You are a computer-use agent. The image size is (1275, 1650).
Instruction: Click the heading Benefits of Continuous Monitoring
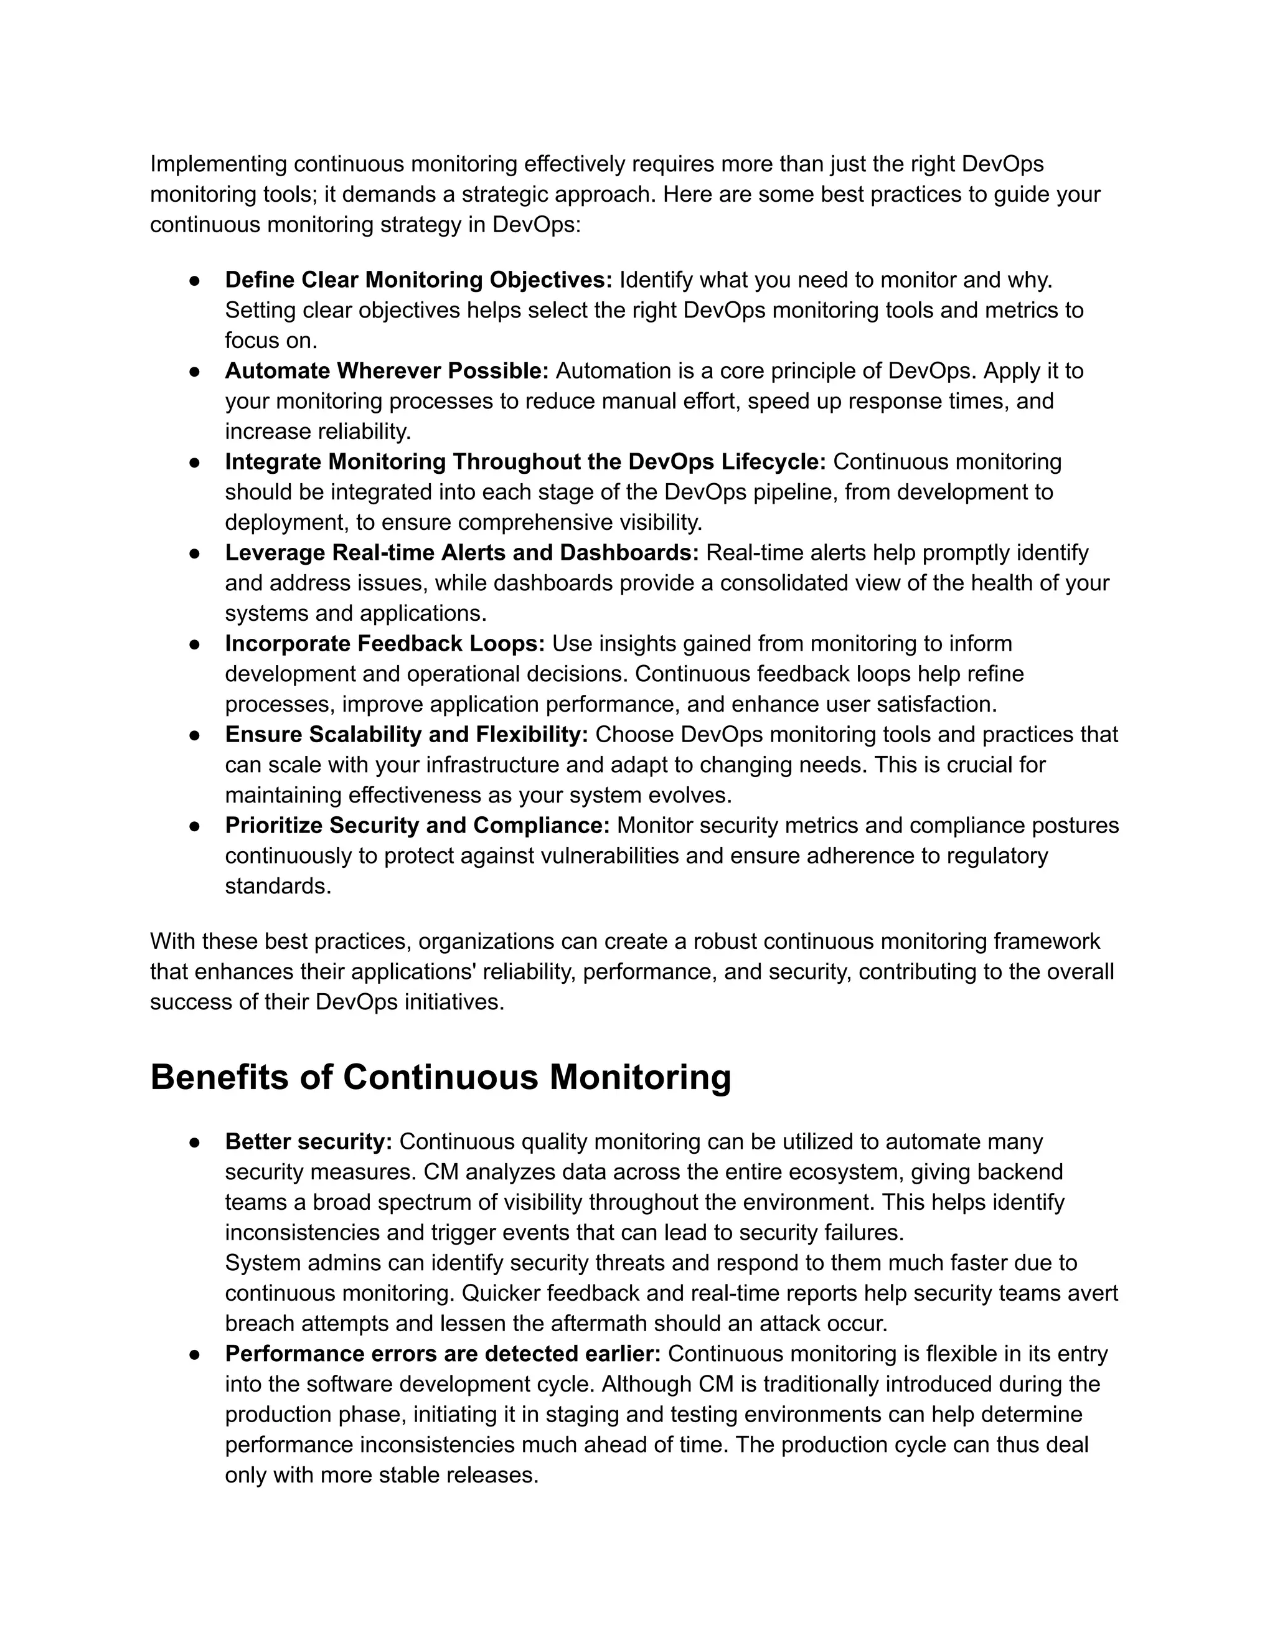click(440, 1077)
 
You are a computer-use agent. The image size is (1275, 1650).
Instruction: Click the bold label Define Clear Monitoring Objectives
click(418, 280)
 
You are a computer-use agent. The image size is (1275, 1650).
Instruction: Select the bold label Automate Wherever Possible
click(387, 370)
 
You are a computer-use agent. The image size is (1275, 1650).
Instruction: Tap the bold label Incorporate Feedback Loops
click(385, 643)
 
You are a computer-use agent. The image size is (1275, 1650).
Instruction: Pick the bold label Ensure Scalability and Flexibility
click(407, 733)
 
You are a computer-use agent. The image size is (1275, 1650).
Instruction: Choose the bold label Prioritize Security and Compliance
click(417, 825)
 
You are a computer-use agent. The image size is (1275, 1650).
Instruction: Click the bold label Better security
click(308, 1141)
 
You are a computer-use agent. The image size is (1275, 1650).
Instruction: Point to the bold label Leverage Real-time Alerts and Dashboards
click(461, 552)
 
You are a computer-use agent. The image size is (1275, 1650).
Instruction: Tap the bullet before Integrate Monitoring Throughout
click(194, 461)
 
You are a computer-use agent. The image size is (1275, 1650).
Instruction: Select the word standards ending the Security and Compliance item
click(277, 885)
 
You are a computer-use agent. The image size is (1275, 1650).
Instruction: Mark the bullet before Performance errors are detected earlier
click(194, 1354)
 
